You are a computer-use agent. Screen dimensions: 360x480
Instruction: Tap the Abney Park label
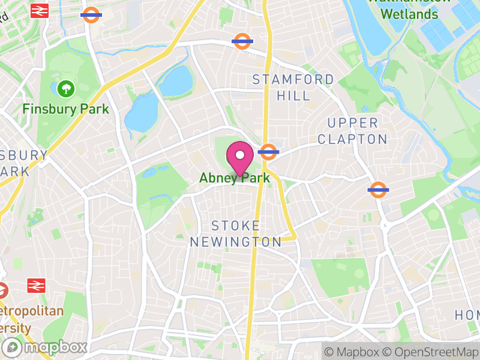click(235, 178)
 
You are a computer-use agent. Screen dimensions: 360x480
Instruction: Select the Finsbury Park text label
click(66, 109)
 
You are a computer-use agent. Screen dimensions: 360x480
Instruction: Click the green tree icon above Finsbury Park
click(65, 89)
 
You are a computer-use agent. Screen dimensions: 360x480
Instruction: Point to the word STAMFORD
click(293, 80)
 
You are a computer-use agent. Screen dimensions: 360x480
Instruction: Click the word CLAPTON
click(353, 139)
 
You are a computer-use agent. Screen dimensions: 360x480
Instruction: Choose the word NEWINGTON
click(236, 242)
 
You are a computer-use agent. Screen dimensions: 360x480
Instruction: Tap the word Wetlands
click(410, 13)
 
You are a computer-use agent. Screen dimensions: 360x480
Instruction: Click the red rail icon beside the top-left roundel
click(39, 10)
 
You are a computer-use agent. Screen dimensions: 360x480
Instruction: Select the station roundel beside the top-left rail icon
click(91, 14)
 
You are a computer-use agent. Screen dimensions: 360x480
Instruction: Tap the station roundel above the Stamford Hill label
click(242, 41)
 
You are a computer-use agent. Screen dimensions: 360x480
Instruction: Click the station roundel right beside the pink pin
click(269, 152)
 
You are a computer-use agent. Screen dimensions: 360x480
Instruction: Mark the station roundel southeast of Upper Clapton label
click(378, 190)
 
